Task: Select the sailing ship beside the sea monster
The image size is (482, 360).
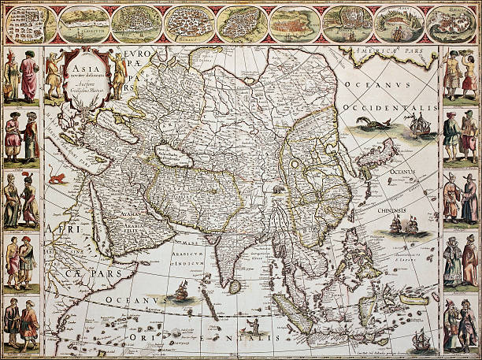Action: (x=417, y=125)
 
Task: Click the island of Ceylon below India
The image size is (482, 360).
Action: (x=234, y=285)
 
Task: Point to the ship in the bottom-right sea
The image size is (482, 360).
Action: (x=422, y=340)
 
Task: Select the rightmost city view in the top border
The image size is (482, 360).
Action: (x=454, y=24)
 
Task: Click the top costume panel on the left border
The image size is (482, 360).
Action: (x=21, y=76)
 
